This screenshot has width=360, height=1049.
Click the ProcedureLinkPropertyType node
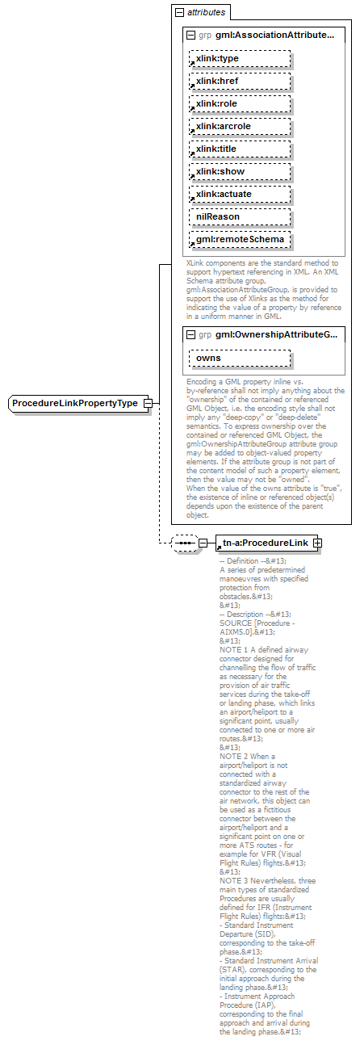75,402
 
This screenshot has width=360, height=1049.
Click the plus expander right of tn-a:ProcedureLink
318,543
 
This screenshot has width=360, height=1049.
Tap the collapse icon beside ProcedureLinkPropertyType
148,402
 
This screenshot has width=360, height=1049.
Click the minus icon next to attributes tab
180,13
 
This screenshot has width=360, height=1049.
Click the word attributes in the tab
207,13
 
